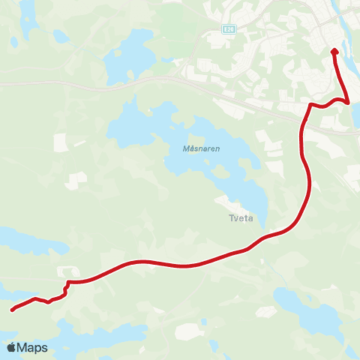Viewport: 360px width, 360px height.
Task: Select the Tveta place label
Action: point(240,219)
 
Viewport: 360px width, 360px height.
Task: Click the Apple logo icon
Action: point(11,348)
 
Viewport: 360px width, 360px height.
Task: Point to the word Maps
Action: point(32,348)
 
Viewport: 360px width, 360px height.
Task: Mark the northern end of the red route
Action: point(334,51)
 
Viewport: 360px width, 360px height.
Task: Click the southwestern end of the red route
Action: point(12,309)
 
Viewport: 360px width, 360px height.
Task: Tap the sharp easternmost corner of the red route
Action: point(347,102)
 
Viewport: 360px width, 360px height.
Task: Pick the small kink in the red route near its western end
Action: point(67,286)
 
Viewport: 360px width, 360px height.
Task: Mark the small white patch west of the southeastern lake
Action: point(187,330)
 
